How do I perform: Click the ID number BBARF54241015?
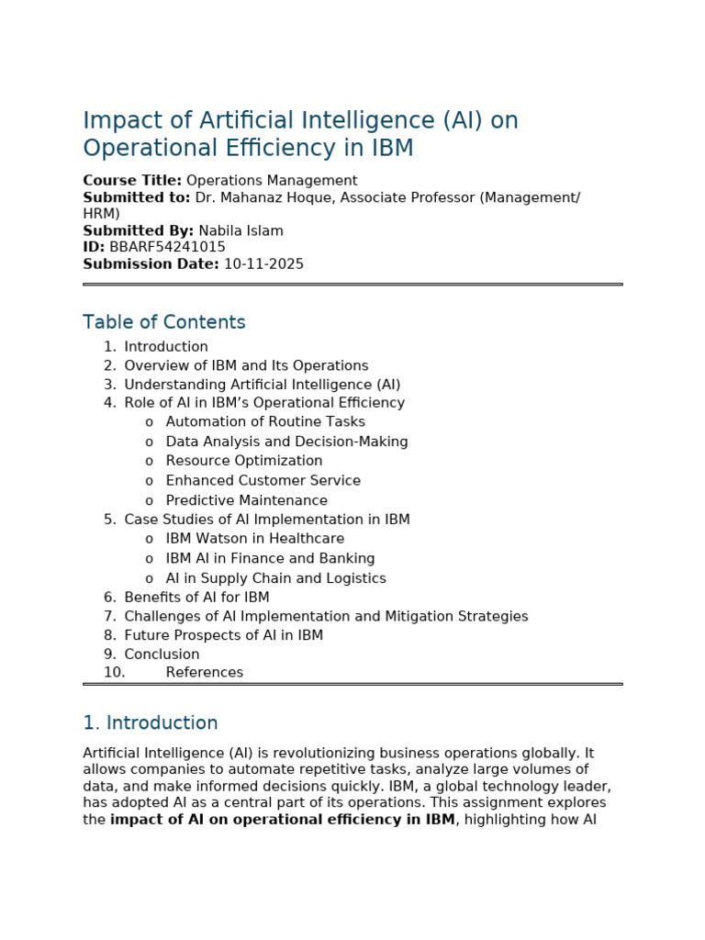point(167,248)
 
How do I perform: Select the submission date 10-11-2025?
point(263,264)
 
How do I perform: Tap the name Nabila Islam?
point(241,231)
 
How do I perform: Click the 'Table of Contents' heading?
point(164,323)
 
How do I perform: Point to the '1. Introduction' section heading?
point(151,723)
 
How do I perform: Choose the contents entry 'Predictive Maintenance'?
point(246,500)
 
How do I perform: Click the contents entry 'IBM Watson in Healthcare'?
point(255,539)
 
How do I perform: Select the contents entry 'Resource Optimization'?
point(244,461)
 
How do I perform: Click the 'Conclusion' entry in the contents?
point(162,655)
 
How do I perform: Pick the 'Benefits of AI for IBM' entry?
point(196,598)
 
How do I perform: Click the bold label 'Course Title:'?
point(132,181)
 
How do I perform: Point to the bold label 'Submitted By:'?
point(139,231)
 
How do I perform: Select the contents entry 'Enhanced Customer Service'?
point(263,481)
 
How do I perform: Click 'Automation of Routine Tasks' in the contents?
point(265,422)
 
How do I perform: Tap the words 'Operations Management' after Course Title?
point(272,181)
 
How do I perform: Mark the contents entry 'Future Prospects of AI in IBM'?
point(224,635)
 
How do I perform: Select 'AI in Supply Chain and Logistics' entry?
point(275,578)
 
